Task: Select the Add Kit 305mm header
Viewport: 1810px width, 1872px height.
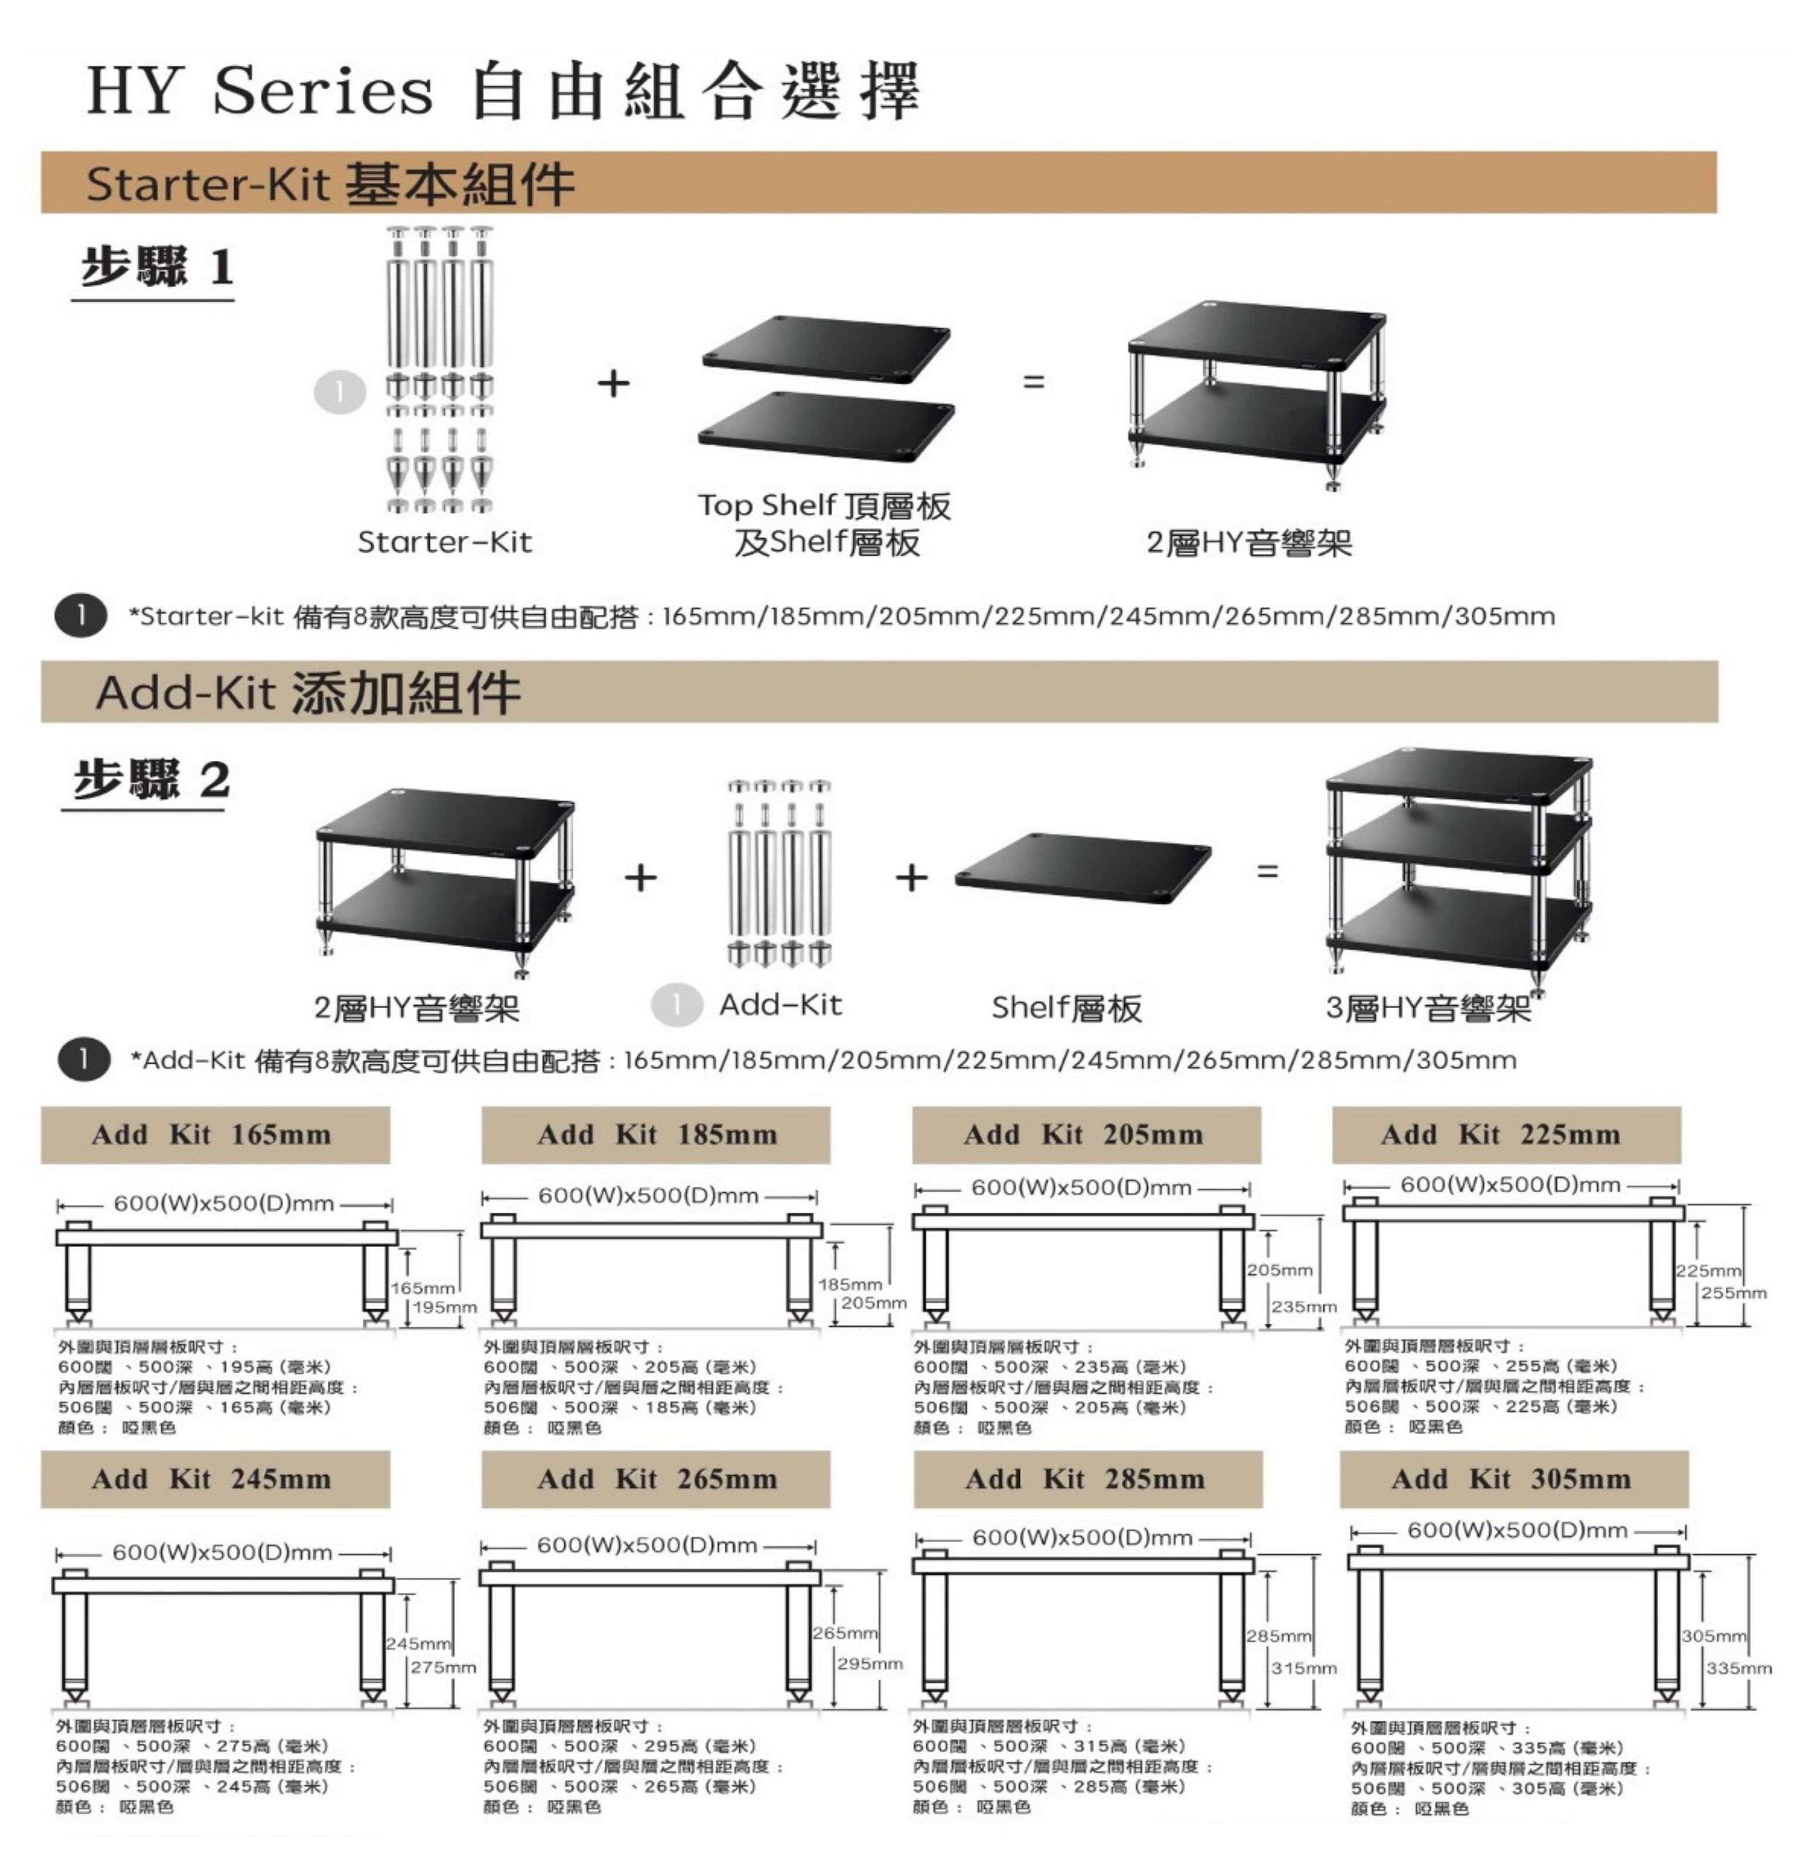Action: [1512, 1479]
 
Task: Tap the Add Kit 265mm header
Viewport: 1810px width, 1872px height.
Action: [656, 1479]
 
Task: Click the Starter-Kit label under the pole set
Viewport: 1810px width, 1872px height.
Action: [444, 543]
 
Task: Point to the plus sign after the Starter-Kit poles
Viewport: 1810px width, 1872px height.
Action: [613, 383]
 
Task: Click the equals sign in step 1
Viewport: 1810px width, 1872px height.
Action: [1033, 382]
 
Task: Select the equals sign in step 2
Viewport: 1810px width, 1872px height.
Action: [1267, 871]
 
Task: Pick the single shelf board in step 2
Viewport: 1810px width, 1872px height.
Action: [1082, 868]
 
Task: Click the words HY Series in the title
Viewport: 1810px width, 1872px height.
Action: [260, 91]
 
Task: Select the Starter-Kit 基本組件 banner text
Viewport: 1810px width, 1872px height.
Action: [329, 183]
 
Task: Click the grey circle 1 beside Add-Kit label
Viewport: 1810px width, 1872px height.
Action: [676, 1005]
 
